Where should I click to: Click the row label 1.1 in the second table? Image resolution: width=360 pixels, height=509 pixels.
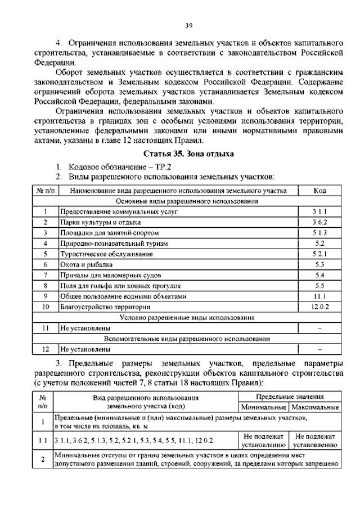[x=43, y=440]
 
